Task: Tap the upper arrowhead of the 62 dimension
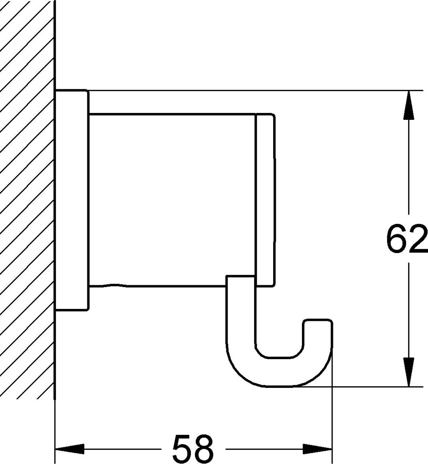click(409, 105)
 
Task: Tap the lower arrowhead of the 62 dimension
click(409, 372)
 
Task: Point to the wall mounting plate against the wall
click(72, 200)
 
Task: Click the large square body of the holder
click(172, 200)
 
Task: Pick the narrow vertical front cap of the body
click(265, 200)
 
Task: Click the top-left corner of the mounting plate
click(55, 90)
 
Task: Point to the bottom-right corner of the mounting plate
click(88, 311)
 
